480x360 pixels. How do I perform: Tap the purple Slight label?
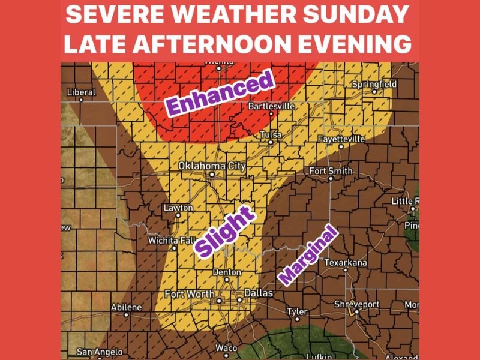pyautogui.click(x=224, y=235)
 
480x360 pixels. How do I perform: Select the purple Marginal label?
pyautogui.click(x=308, y=256)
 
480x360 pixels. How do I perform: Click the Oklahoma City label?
pyautogui.click(x=212, y=166)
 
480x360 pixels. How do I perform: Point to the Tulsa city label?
pyautogui.click(x=270, y=135)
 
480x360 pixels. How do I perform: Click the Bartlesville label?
pyautogui.click(x=272, y=106)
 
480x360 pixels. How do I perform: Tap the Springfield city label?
pyautogui.click(x=374, y=85)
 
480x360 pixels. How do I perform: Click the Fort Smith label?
pyautogui.click(x=331, y=171)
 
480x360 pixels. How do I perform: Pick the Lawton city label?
pyautogui.click(x=178, y=208)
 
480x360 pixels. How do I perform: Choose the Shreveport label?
pyautogui.click(x=357, y=305)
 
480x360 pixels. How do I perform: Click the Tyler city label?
pyautogui.click(x=297, y=311)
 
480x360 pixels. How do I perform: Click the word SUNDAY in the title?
pyautogui.click(x=359, y=15)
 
